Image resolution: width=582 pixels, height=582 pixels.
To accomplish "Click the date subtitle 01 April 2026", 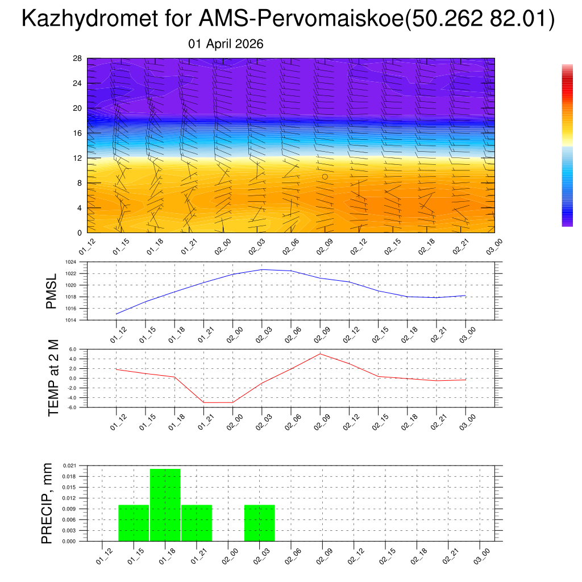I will [x=226, y=44].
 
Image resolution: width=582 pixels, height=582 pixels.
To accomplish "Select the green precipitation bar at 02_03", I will [x=260, y=523].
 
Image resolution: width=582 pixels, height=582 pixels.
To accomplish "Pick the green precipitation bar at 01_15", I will [x=134, y=523].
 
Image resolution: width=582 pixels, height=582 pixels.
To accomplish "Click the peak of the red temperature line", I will [x=320, y=354].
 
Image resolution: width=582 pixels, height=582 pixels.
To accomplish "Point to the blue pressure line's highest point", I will [x=262, y=269].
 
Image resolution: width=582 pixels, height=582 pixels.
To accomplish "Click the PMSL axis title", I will [x=51, y=291].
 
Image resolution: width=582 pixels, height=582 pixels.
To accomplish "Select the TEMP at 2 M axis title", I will [x=53, y=377].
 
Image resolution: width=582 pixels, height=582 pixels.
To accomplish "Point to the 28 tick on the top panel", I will [x=78, y=59].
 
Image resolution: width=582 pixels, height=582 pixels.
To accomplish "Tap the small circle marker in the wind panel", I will [x=325, y=177].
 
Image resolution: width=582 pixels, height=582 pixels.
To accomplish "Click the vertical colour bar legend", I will [x=567, y=145].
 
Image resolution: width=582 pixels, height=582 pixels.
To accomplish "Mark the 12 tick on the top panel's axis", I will [x=78, y=158].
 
